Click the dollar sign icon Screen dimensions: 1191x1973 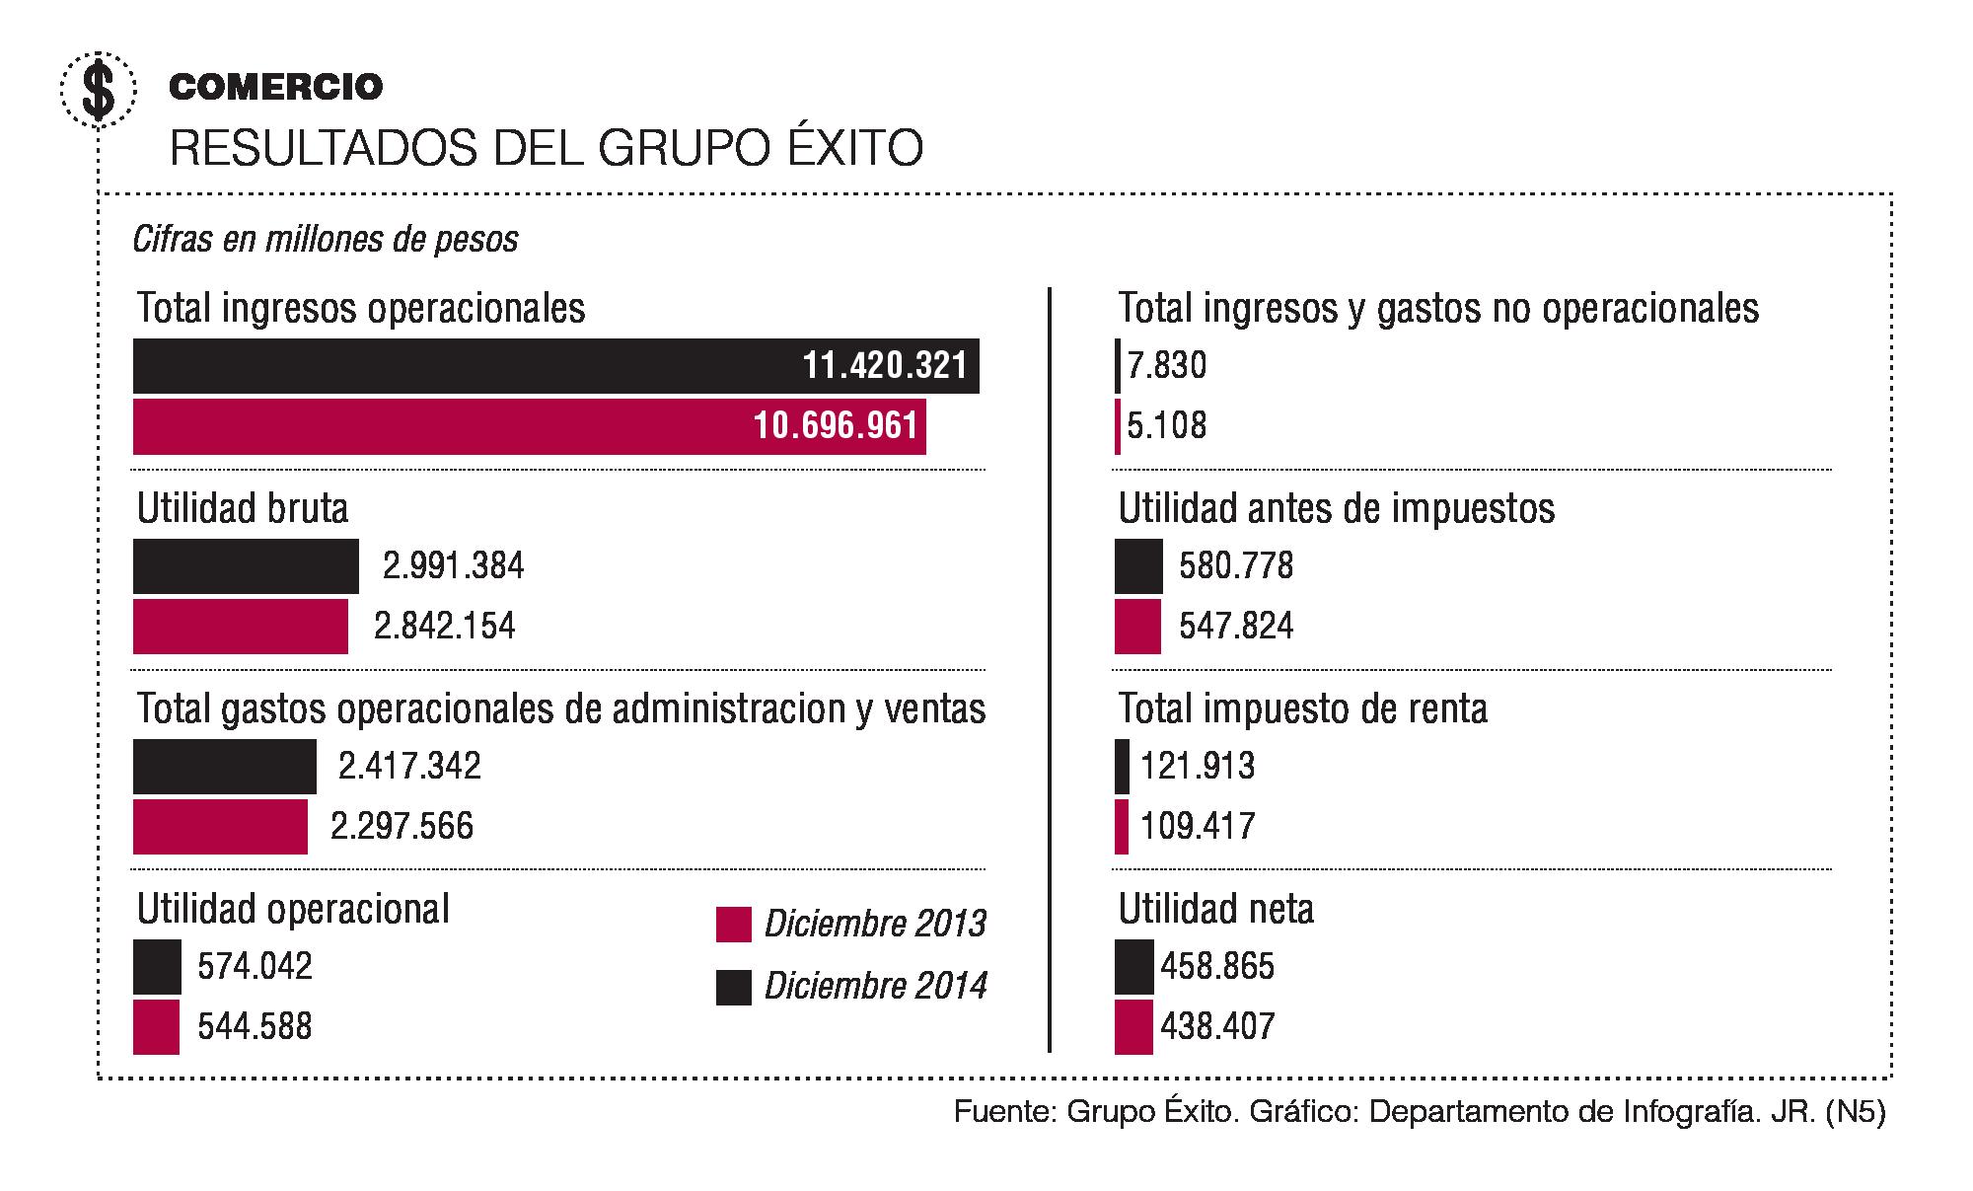pyautogui.click(x=98, y=90)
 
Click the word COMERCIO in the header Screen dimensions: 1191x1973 pyautogui.click(x=276, y=87)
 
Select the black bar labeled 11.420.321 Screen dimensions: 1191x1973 pyautogui.click(x=555, y=366)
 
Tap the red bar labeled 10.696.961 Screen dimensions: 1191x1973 pyautogui.click(x=529, y=426)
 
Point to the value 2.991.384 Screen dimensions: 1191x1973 pyautogui.click(x=454, y=566)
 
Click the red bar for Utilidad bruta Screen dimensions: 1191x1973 pyautogui.click(x=240, y=627)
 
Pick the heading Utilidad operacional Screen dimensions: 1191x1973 pyautogui.click(x=293, y=909)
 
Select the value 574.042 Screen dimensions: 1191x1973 pyautogui.click(x=255, y=966)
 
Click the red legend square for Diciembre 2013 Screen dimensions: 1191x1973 pyautogui.click(x=733, y=925)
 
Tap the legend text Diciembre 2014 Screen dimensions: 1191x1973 pyautogui.click(x=875, y=986)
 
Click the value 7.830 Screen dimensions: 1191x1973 pyautogui.click(x=1167, y=366)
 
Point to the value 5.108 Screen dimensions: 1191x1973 pyautogui.click(x=1167, y=426)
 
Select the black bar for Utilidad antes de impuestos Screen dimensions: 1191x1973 pyautogui.click(x=1138, y=566)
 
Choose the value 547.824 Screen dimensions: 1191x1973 pyautogui.click(x=1236, y=627)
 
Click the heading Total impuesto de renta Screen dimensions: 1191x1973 pyautogui.click(x=1302, y=708)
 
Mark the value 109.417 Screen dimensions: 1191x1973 pyautogui.click(x=1198, y=826)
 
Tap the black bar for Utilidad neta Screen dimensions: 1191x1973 pyautogui.click(x=1133, y=966)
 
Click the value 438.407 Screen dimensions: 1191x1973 pyautogui.click(x=1217, y=1026)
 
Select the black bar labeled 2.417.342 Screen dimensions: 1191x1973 pyautogui.click(x=224, y=767)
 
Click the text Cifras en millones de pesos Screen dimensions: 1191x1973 pyautogui.click(x=326, y=240)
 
